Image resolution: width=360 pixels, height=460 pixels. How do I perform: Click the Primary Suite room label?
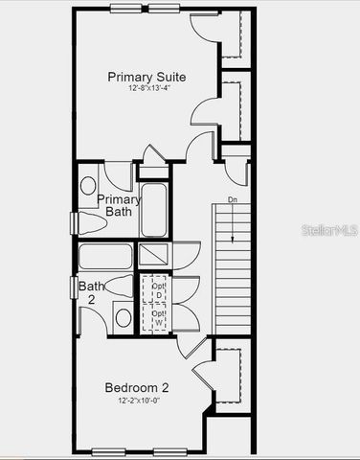pyautogui.click(x=146, y=77)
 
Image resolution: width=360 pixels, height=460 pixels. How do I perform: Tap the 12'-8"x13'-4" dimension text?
pyautogui.click(x=146, y=89)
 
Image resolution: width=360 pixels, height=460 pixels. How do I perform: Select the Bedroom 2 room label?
pyautogui.click(x=137, y=387)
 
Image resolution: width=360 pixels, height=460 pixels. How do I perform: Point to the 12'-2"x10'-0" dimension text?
pyautogui.click(x=137, y=401)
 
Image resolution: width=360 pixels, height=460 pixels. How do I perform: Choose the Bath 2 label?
pyautogui.click(x=93, y=292)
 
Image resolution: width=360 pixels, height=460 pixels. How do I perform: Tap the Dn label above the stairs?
pyautogui.click(x=233, y=200)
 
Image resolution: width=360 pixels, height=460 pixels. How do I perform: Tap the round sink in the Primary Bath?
pyautogui.click(x=88, y=185)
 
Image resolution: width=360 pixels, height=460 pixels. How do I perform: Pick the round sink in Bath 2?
pyautogui.click(x=123, y=317)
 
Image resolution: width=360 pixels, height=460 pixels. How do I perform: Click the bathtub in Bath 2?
pyautogui.click(x=105, y=257)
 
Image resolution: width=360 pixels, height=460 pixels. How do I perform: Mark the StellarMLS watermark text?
pyautogui.click(x=328, y=231)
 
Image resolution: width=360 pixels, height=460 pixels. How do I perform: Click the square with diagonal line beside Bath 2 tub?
pyautogui.click(x=154, y=255)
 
